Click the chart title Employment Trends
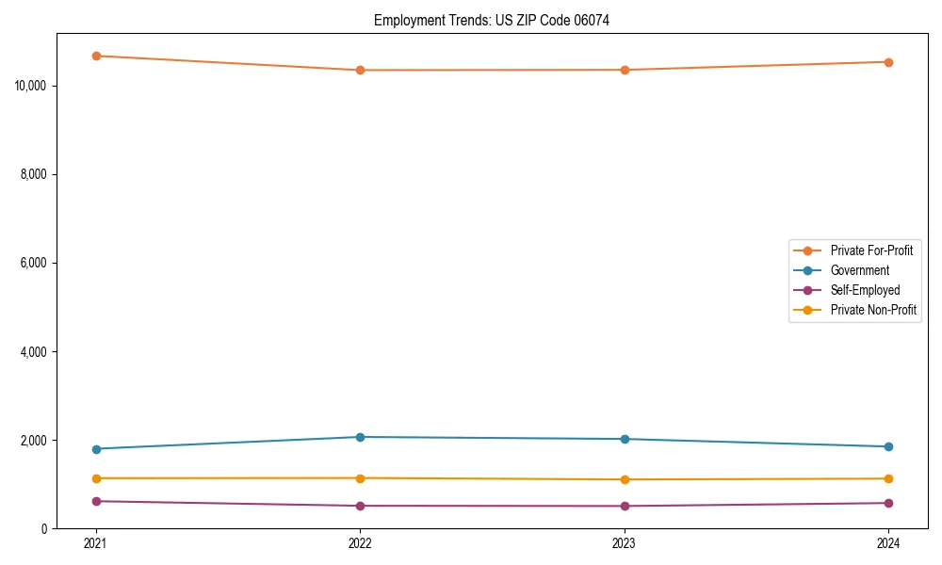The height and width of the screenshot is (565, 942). click(x=492, y=20)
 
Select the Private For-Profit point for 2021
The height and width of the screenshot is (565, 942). click(x=96, y=56)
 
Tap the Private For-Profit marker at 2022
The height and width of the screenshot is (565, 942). click(x=360, y=70)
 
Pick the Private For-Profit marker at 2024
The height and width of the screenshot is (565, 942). click(x=888, y=62)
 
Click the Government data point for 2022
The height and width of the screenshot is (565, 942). click(x=360, y=437)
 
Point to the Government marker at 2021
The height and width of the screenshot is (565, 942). click(x=96, y=449)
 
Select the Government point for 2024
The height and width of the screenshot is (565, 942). click(x=888, y=446)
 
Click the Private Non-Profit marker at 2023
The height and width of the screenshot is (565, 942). click(x=625, y=479)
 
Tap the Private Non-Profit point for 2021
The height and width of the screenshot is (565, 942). click(x=96, y=478)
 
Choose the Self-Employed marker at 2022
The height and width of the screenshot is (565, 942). click(x=360, y=506)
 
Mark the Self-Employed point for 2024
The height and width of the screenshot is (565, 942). click(x=888, y=503)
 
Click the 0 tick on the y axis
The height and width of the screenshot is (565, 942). click(x=44, y=528)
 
